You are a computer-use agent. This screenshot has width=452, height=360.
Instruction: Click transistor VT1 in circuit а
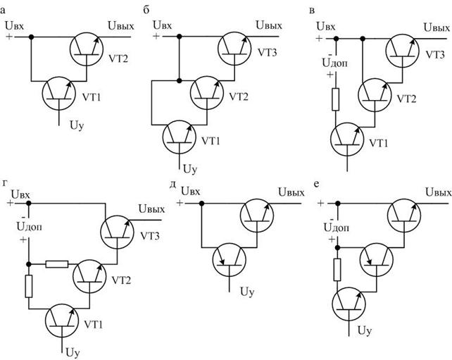[x=59, y=93]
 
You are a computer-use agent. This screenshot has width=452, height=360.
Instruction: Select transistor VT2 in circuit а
[x=86, y=49]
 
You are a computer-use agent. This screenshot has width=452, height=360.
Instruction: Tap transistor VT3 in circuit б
[x=234, y=48]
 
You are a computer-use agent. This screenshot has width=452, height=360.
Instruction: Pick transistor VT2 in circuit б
[x=207, y=93]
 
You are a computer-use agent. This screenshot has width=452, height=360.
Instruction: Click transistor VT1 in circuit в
[x=347, y=139]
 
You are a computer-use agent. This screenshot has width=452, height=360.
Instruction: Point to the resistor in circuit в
[x=336, y=99]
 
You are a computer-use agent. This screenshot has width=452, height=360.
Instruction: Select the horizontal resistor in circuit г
[x=57, y=264]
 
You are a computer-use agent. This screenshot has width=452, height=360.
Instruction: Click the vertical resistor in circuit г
[x=29, y=286]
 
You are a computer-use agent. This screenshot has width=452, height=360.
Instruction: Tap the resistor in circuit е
[x=337, y=270]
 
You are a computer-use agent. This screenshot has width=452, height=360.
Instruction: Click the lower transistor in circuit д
[x=230, y=260]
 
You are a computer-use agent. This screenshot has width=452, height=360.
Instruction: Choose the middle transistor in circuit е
[x=377, y=259]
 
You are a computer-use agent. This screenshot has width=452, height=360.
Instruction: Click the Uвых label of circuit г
[x=151, y=209]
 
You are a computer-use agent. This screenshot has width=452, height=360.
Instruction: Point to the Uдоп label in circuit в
[x=334, y=63]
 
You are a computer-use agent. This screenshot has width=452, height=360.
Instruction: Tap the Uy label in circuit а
[x=77, y=125]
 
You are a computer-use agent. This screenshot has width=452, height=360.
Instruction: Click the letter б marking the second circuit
[x=146, y=11]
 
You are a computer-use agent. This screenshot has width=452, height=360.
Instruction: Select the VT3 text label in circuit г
[x=150, y=236]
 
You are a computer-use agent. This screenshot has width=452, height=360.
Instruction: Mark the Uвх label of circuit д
[x=190, y=191]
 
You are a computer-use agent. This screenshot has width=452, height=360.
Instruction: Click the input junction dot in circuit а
[x=31, y=37]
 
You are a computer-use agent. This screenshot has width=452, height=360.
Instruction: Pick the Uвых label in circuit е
[x=438, y=192]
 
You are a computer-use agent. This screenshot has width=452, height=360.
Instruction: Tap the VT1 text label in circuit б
[x=211, y=141]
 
